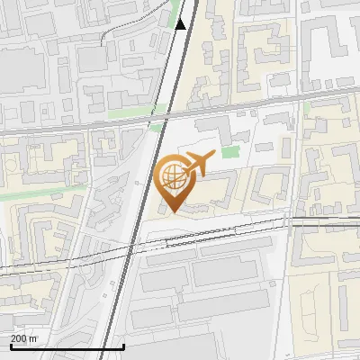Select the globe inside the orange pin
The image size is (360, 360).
point(171,175)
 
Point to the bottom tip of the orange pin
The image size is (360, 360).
point(171,211)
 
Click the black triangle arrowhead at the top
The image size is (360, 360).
point(180,23)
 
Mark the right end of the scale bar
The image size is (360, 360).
point(123,346)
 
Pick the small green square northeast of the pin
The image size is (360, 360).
point(231,153)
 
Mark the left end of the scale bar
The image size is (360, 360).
point(11,346)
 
